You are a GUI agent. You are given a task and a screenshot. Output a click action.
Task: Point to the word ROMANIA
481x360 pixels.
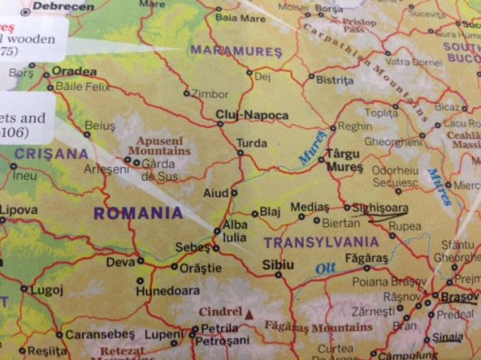[139, 215]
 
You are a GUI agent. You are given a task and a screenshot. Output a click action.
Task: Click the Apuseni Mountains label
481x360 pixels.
[165, 145]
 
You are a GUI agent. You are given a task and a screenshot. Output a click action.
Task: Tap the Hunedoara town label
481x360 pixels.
[167, 292]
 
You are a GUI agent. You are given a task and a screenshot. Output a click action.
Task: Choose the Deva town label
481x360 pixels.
[120, 262]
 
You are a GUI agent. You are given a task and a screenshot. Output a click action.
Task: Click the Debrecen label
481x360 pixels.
[61, 6]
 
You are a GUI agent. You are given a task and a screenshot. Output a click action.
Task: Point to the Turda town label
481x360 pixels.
[251, 144]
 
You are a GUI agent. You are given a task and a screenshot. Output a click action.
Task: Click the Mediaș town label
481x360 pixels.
[309, 207]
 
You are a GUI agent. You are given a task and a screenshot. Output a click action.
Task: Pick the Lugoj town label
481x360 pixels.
[46, 290]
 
